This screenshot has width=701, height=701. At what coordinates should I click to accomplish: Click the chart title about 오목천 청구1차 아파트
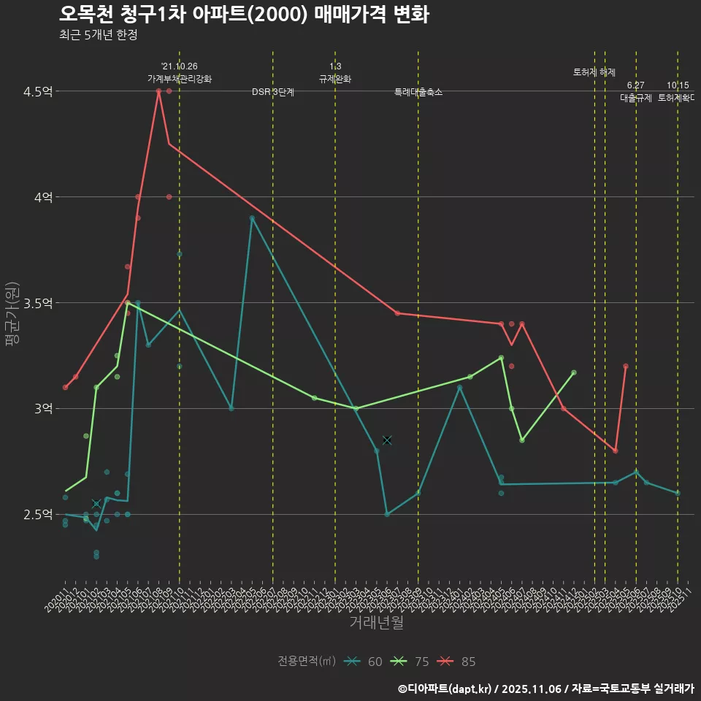244,15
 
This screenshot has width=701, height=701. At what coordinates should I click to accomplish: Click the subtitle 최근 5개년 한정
98,35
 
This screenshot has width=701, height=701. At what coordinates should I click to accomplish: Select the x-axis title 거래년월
376,623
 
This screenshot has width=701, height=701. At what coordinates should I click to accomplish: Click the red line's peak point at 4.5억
158,91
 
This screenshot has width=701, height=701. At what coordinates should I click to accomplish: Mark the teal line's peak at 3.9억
252,218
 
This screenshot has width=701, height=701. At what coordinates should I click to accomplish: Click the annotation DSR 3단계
272,93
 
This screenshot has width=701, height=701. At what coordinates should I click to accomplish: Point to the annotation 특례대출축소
418,93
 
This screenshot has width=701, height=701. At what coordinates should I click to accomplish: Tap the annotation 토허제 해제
594,72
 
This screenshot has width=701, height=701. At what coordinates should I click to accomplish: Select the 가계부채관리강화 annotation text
180,79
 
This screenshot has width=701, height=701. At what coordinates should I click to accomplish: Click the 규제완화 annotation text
335,79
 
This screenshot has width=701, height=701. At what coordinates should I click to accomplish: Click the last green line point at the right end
574,372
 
